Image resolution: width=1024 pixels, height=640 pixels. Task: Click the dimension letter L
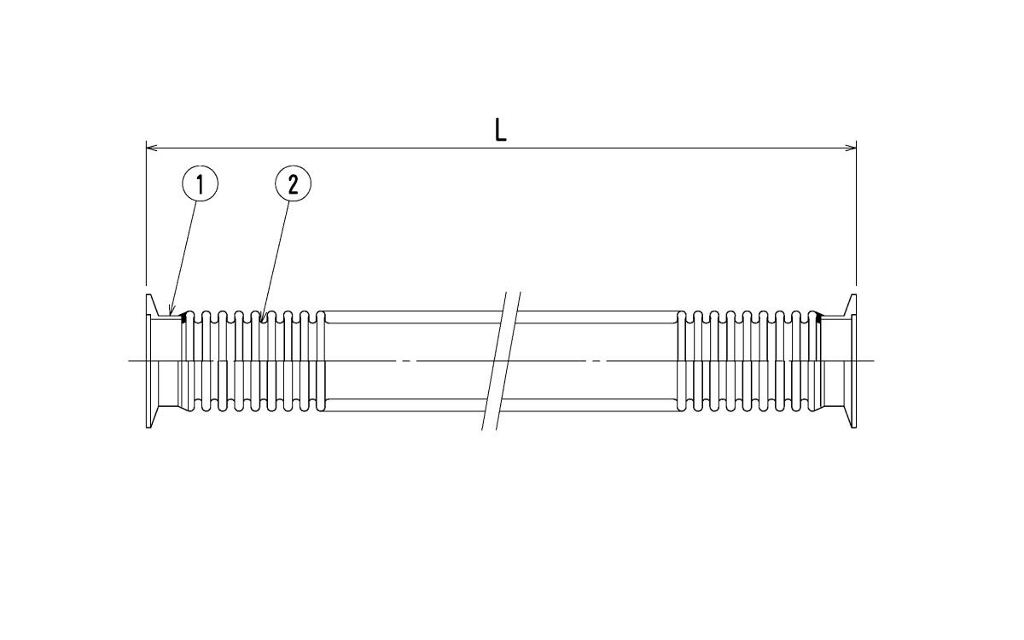click(x=501, y=130)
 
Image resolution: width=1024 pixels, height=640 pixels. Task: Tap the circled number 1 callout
click(x=201, y=183)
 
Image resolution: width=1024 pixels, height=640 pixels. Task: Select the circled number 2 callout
click(x=293, y=183)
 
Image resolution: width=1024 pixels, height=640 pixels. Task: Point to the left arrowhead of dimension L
click(x=152, y=148)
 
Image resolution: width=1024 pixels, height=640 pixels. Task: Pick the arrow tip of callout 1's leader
click(x=170, y=315)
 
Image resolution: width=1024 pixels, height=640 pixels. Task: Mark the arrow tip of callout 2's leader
click(x=260, y=319)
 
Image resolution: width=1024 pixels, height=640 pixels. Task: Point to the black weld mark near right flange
click(x=817, y=317)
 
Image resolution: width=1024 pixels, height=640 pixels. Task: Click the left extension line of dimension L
click(x=146, y=213)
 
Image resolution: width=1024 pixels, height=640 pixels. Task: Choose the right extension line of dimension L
click(x=856, y=213)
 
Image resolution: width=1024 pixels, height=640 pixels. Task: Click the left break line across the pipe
click(x=495, y=361)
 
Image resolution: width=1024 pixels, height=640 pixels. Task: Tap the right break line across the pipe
click(x=509, y=361)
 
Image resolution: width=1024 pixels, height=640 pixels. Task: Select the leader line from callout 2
click(x=275, y=260)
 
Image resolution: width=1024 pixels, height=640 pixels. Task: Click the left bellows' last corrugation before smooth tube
click(x=321, y=361)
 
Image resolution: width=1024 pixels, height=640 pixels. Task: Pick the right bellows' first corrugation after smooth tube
click(x=681, y=361)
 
